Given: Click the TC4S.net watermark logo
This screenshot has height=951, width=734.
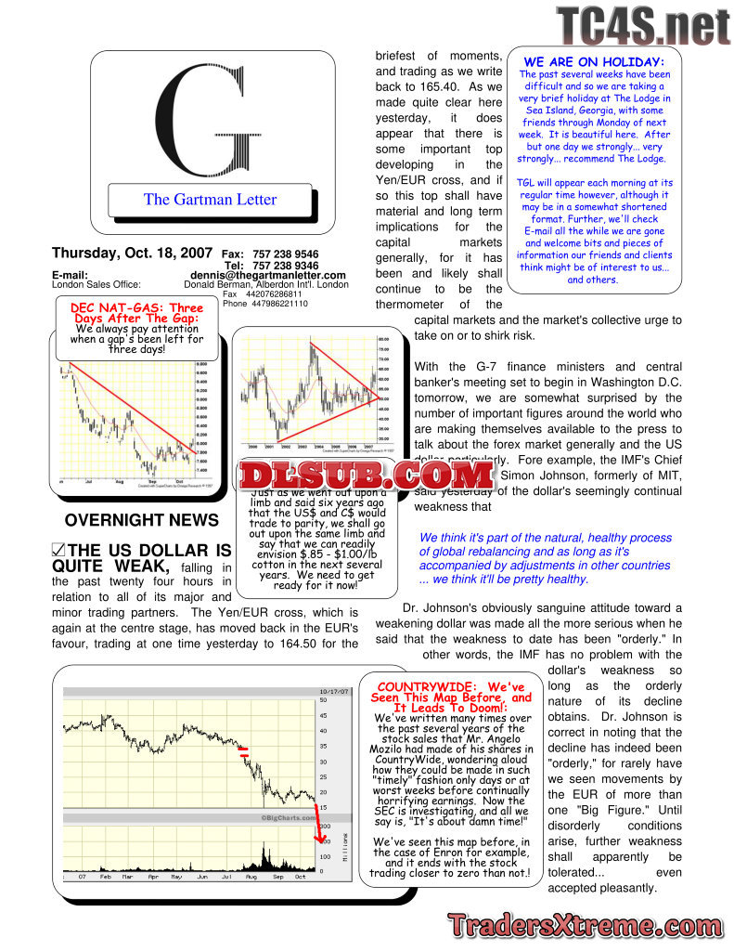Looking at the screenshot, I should coord(642,26).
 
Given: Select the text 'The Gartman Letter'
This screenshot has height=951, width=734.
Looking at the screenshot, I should coord(210,199).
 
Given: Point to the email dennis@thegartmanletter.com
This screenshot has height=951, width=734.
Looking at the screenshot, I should coord(267,275).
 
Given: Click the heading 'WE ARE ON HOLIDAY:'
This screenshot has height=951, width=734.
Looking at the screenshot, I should coord(594,62).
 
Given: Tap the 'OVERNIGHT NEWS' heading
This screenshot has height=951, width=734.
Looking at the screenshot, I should coord(141,520).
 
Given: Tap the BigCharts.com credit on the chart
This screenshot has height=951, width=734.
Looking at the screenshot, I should coord(290,817).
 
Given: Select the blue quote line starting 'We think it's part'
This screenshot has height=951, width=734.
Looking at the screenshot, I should coord(546,538).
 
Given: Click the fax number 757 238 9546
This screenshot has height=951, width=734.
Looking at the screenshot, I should coord(287,254).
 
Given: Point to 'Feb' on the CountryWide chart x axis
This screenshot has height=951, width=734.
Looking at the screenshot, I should coord(104,876).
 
